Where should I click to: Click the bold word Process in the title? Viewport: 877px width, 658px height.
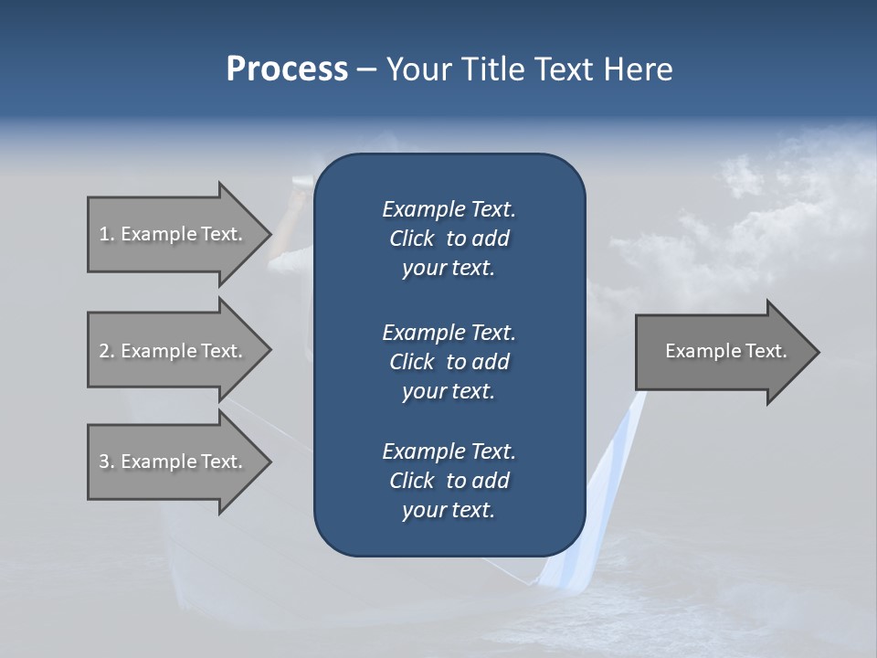(x=287, y=69)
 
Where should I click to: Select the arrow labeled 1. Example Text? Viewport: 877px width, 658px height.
(x=174, y=234)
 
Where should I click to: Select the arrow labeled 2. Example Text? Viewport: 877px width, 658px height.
(x=174, y=351)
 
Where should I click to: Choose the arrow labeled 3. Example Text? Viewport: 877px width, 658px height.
(x=174, y=462)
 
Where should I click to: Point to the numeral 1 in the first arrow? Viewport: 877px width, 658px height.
(x=103, y=234)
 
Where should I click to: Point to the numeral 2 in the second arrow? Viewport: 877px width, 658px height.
(x=104, y=351)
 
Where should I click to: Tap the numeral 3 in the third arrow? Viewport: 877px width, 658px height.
(x=104, y=462)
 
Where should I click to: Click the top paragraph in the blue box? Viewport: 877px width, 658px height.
(x=449, y=239)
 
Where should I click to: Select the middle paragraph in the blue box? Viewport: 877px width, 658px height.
(x=449, y=361)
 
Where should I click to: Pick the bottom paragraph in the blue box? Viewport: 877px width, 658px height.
(x=449, y=481)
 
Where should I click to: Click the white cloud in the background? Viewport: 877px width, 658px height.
(x=740, y=174)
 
